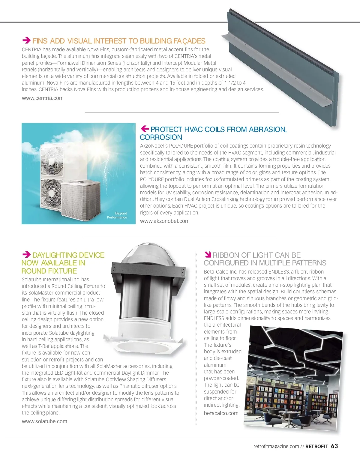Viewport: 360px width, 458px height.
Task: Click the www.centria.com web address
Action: coord(43,98)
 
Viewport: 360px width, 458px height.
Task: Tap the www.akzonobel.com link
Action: coord(165,221)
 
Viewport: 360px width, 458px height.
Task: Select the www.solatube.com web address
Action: coord(44,421)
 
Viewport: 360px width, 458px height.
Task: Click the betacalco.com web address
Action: coord(221,413)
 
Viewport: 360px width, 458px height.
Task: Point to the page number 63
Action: coord(334,446)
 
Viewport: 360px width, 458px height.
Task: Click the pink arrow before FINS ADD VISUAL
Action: coord(26,40)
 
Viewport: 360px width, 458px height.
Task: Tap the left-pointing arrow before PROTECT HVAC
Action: coord(145,129)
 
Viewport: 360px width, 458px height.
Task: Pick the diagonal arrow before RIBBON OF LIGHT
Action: coord(208,255)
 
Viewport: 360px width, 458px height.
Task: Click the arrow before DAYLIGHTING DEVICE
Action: coord(26,255)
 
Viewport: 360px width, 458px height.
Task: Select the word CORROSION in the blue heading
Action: coord(161,137)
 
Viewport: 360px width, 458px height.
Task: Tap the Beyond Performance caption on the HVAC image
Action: coord(117,215)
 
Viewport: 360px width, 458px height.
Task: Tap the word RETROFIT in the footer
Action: coord(317,447)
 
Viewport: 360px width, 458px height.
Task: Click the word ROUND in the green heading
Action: coord(34,271)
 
